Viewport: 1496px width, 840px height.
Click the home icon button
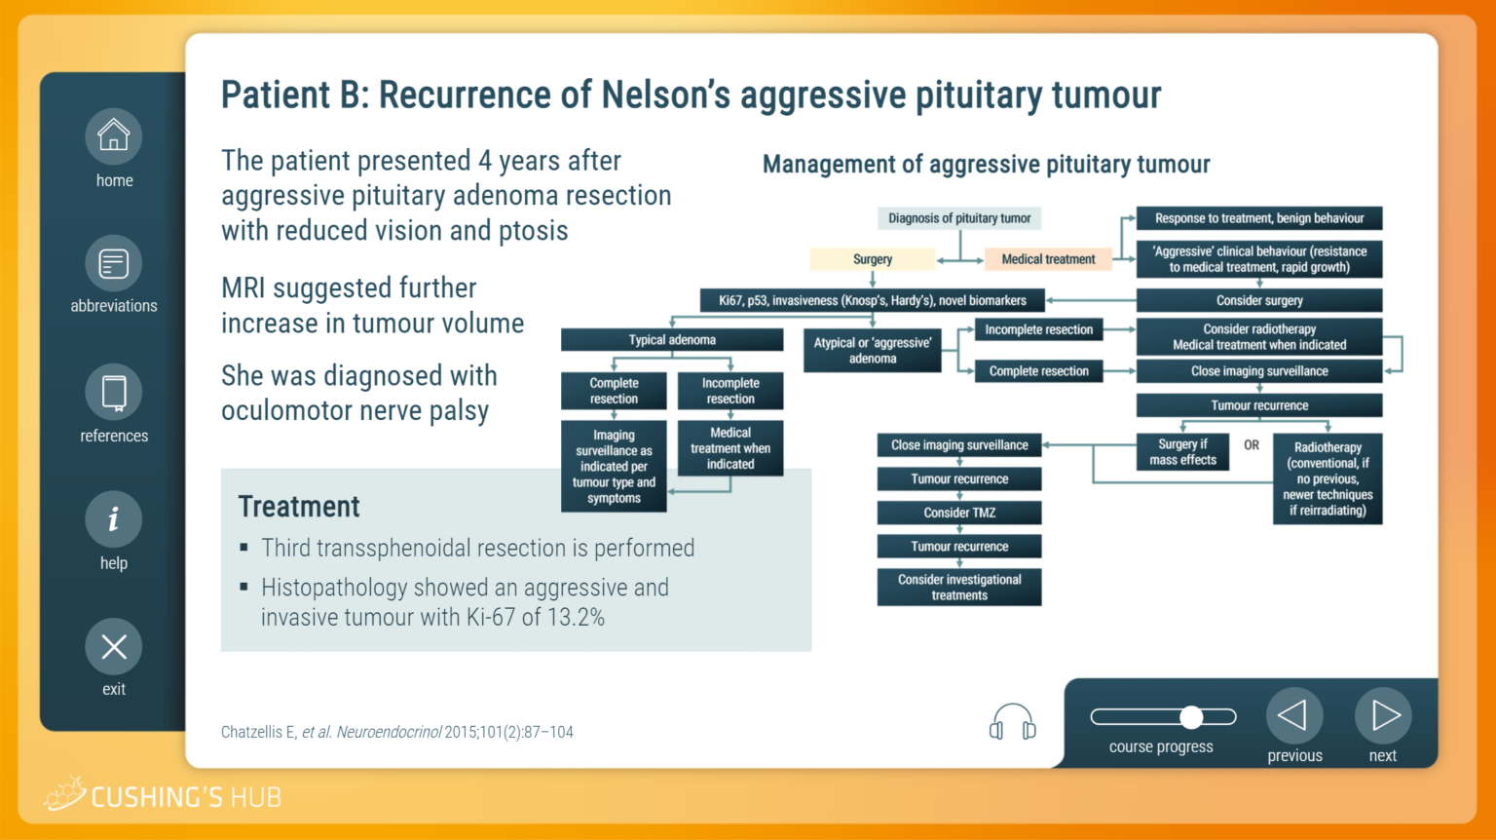point(114,136)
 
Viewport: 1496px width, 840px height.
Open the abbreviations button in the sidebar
point(114,263)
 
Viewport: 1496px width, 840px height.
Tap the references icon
point(114,393)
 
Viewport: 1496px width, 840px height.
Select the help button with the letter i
point(114,519)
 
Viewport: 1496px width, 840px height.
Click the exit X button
point(114,646)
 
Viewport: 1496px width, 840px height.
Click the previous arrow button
point(1294,715)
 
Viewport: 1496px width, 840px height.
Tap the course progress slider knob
point(1191,717)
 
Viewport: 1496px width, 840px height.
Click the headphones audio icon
point(1013,722)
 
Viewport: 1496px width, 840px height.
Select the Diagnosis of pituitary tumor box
point(959,218)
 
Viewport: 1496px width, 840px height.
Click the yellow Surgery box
point(873,259)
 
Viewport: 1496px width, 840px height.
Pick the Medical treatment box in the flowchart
point(1048,259)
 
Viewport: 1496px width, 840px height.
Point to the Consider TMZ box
point(959,513)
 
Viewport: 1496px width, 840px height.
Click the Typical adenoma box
point(672,339)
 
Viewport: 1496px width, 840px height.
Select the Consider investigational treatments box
point(959,588)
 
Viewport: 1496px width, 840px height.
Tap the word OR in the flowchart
point(1251,445)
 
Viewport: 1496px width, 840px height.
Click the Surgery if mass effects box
point(1182,452)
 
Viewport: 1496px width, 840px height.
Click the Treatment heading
point(299,507)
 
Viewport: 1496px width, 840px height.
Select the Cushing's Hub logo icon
point(65,793)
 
